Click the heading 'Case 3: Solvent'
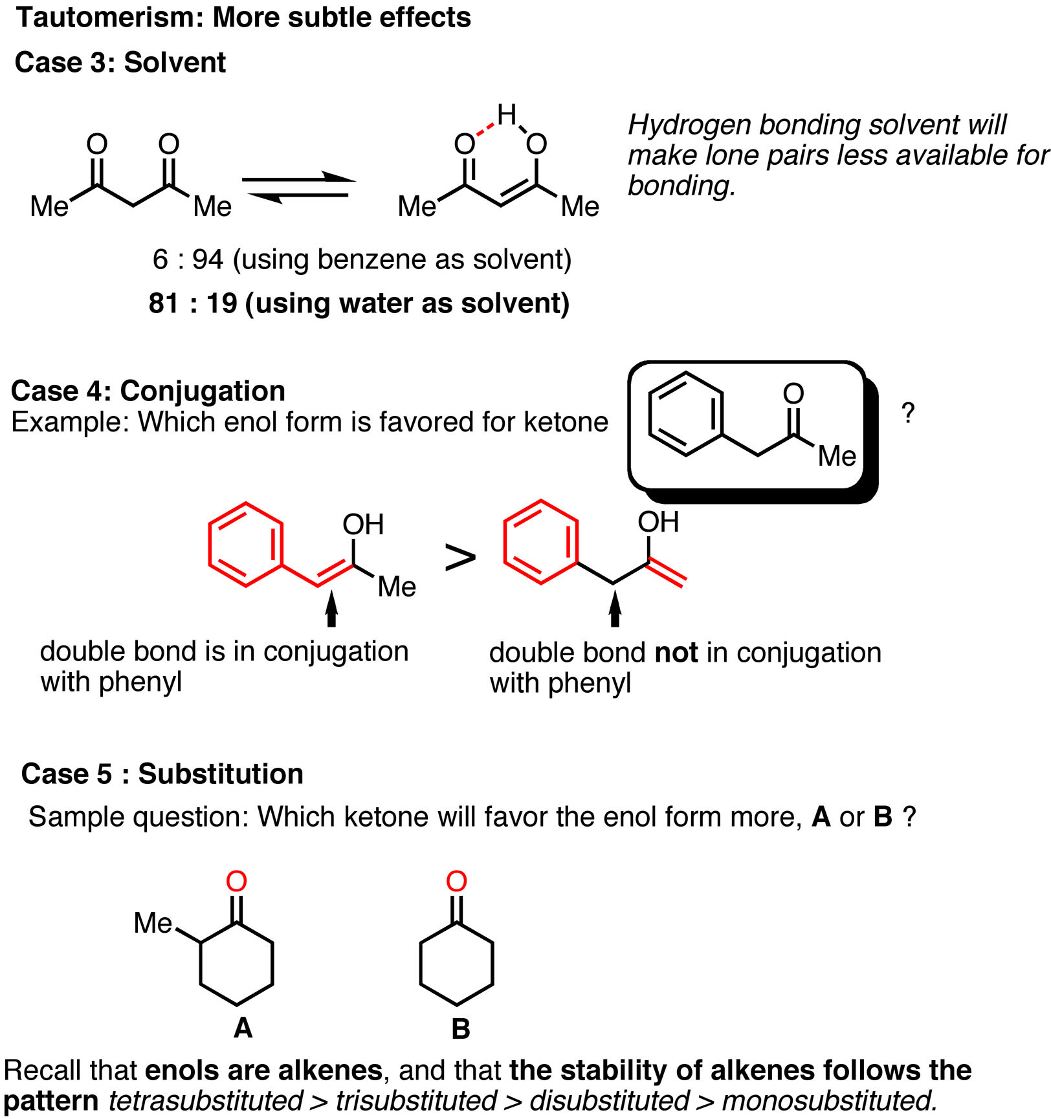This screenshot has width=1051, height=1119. pos(120,63)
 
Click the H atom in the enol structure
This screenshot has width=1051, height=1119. pos(507,114)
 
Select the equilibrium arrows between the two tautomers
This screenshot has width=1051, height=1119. pos(299,188)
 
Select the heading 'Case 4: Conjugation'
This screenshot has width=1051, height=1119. pos(148,391)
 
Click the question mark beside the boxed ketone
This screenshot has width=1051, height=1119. pos(909,413)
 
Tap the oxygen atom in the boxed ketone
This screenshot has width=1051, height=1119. pos(793,393)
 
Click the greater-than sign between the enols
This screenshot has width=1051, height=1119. pos(461,558)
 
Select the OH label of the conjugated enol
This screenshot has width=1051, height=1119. pos(363,525)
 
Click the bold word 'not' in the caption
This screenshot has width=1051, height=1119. pos(676,653)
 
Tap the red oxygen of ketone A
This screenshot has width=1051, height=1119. pos(237,881)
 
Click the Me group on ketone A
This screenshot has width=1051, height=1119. pos(153,923)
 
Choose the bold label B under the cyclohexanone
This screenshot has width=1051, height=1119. pos(461,1029)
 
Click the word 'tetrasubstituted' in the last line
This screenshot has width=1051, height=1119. pos(206,1101)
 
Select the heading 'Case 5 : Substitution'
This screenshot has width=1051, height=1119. pos(162,774)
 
